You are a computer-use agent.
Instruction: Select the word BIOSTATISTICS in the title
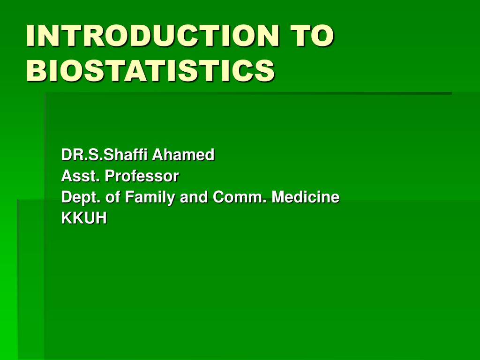tap(150, 70)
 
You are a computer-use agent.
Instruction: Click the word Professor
tap(142, 176)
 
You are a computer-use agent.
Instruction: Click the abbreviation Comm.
tap(240, 197)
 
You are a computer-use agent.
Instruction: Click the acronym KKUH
tap(84, 218)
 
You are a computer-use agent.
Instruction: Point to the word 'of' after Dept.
tap(113, 197)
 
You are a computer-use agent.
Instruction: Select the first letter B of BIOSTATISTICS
tap(35, 70)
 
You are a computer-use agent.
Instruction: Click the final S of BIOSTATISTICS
tap(265, 70)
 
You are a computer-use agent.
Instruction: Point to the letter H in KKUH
tap(100, 218)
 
